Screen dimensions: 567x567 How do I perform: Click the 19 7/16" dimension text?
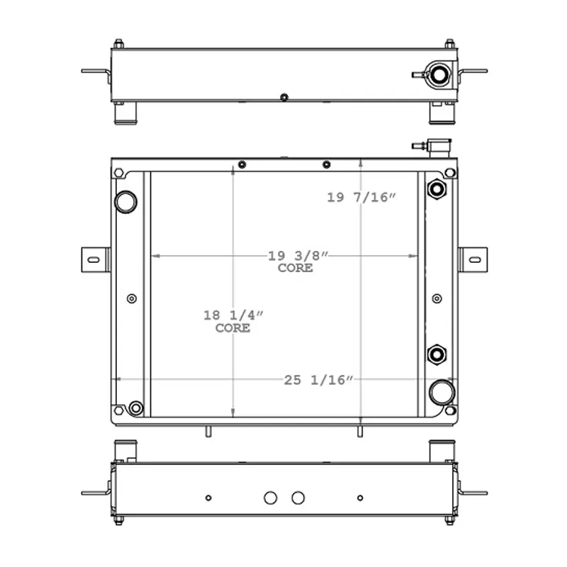pyautogui.click(x=360, y=198)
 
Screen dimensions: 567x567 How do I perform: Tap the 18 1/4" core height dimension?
pyautogui.click(x=232, y=315)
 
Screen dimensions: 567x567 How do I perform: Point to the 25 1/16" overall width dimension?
pyautogui.click(x=318, y=381)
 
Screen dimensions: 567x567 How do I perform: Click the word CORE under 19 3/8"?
pyautogui.click(x=296, y=269)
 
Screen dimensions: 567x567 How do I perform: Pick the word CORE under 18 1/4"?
pyautogui.click(x=232, y=328)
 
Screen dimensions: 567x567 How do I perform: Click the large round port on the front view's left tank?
pyautogui.click(x=125, y=202)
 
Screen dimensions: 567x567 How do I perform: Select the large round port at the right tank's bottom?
pyautogui.click(x=441, y=391)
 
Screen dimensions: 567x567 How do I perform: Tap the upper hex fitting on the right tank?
pyautogui.click(x=436, y=190)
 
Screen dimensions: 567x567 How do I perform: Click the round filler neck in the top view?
pyautogui.click(x=438, y=73)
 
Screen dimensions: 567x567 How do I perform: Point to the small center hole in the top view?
pyautogui.click(x=284, y=97)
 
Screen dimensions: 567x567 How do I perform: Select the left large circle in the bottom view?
pyautogui.click(x=270, y=498)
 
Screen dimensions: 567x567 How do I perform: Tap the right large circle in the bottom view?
pyautogui.click(x=298, y=498)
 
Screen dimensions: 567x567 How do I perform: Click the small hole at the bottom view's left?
pyautogui.click(x=208, y=498)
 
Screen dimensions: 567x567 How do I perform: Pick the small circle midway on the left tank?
pyautogui.click(x=131, y=298)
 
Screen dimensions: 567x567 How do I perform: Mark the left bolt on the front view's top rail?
pyautogui.click(x=242, y=165)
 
